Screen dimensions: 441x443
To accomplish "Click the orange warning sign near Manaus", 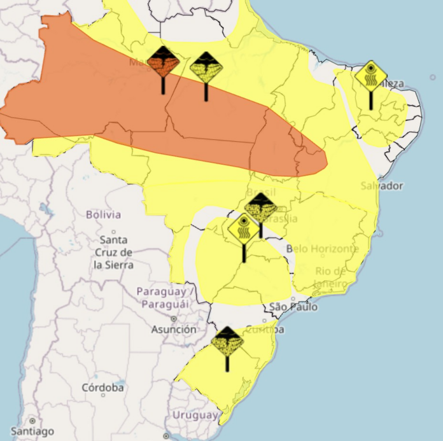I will pos(164,62).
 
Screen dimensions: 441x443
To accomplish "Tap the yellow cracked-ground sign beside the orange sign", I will pos(206,66).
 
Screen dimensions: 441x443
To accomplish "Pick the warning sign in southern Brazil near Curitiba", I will pos(227,342).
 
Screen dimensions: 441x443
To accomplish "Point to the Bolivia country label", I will pos(103,214).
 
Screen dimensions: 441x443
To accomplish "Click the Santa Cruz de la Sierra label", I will pos(114,252).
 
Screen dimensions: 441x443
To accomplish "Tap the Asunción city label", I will pos(173,330).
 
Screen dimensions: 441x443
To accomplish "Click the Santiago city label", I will pos(32,431).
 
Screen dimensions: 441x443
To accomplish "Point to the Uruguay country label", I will pos(195,415).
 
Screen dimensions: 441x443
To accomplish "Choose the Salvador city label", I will pos(381,186).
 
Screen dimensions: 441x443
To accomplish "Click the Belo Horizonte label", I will pos(323,248).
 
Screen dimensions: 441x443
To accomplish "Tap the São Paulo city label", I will pos(293,307).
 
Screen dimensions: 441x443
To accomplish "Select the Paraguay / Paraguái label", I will pos(164,298).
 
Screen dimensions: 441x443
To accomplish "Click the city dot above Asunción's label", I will pos(172,318).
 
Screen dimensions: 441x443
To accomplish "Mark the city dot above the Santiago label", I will pos(32,421).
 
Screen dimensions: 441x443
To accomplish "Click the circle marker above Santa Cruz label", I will pos(113,232).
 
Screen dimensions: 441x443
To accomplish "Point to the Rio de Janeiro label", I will pos(330,277).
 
